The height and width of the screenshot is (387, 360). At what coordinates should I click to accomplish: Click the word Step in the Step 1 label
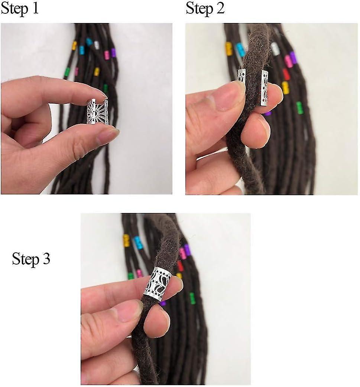(x=13, y=9)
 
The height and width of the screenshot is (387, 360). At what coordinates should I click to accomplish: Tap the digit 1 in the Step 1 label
(x=35, y=8)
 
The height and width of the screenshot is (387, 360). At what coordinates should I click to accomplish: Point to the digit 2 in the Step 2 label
(x=220, y=8)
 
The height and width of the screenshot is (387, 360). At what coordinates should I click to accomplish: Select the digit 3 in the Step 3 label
(x=46, y=259)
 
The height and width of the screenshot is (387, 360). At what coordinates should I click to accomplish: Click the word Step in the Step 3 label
(x=25, y=259)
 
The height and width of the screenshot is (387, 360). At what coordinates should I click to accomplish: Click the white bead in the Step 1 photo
(x=96, y=45)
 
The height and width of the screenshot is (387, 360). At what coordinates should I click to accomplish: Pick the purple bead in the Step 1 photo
(x=113, y=53)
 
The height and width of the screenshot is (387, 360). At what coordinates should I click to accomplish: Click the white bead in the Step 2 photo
(x=275, y=49)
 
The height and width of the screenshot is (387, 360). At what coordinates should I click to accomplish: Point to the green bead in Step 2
(x=299, y=108)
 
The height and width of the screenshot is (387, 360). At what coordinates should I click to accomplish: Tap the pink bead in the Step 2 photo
(x=288, y=61)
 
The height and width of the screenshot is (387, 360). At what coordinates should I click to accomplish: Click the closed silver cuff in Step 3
(x=158, y=284)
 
